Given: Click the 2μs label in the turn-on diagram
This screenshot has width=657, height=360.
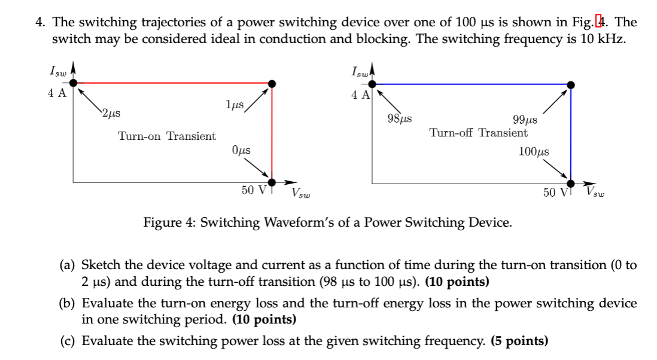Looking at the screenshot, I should (111, 112).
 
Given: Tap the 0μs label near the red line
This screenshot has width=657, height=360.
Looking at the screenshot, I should (240, 151).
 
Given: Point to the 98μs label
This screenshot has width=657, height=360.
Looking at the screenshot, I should (399, 118).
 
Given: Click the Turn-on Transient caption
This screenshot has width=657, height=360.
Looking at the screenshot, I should (167, 136).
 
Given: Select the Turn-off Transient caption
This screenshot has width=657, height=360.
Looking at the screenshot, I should (478, 133).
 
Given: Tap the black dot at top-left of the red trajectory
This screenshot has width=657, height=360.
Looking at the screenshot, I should (73, 84).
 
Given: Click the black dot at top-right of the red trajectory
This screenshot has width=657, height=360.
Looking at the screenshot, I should (272, 84).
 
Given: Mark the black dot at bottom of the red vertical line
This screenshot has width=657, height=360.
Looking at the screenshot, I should (272, 182).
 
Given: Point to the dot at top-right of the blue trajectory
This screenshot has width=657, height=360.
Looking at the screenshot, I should (571, 85).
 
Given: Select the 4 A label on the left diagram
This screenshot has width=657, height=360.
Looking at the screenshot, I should (57, 93).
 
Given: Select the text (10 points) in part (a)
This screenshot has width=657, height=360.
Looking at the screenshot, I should (457, 281).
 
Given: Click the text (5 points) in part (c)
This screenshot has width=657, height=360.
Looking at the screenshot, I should (519, 341).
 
